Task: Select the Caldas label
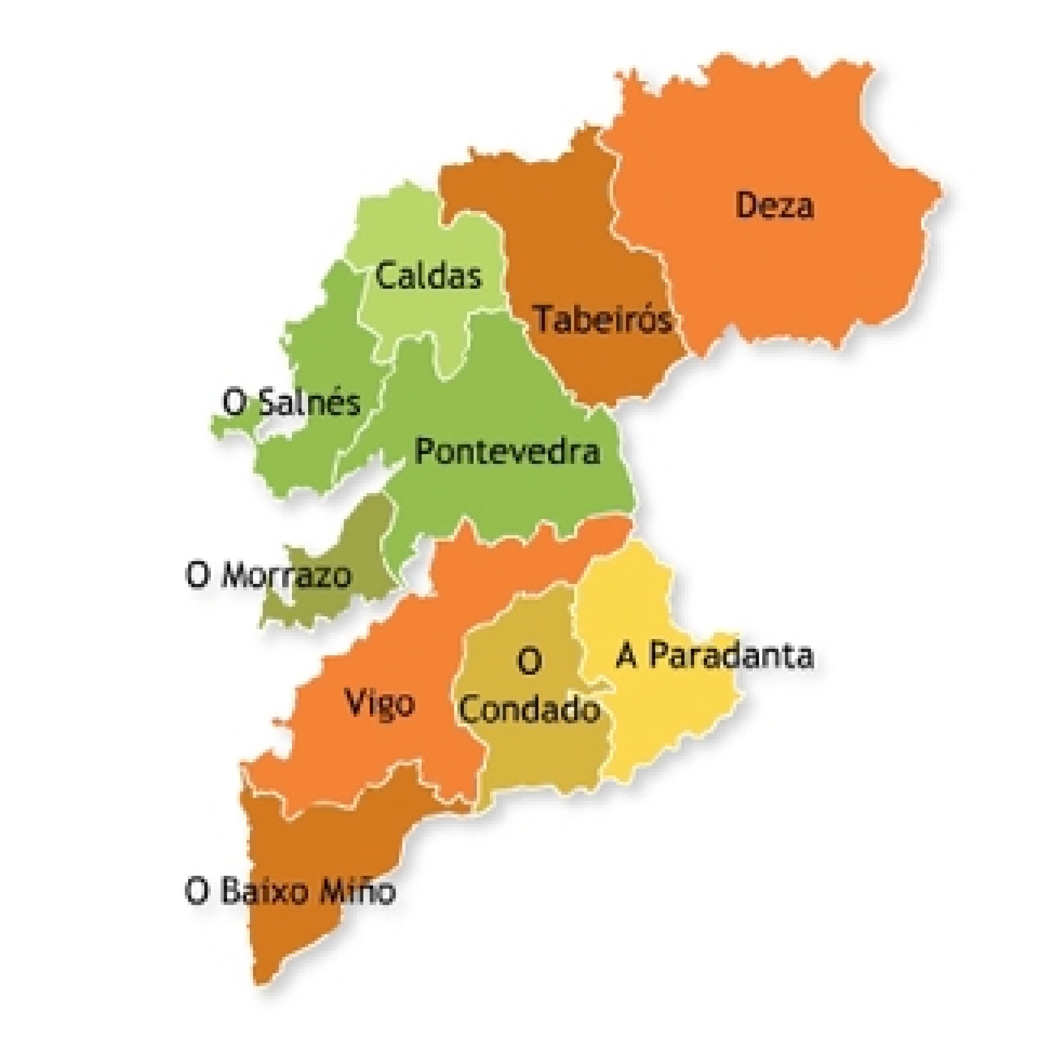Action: click(x=428, y=277)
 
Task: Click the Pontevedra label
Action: click(x=507, y=452)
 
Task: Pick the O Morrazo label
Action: click(x=269, y=575)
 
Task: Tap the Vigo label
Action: click(x=380, y=703)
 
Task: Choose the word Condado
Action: click(x=530, y=710)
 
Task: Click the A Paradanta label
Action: click(x=714, y=656)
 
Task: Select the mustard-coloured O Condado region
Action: click(x=537, y=763)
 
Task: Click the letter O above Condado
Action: click(x=529, y=662)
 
